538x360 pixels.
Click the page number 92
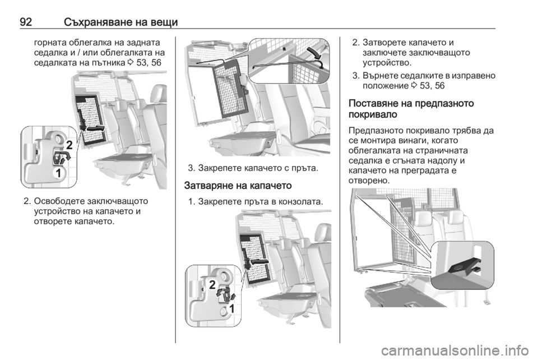26,22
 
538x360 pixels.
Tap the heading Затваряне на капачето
238,186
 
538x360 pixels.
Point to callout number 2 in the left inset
69,145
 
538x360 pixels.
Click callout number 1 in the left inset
59,173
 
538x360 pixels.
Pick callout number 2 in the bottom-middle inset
212,284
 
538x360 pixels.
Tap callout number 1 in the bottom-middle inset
231,308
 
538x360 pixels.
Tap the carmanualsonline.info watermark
454,350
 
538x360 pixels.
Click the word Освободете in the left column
59,201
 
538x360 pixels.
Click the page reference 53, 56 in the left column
149,63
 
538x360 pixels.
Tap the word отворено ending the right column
369,181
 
